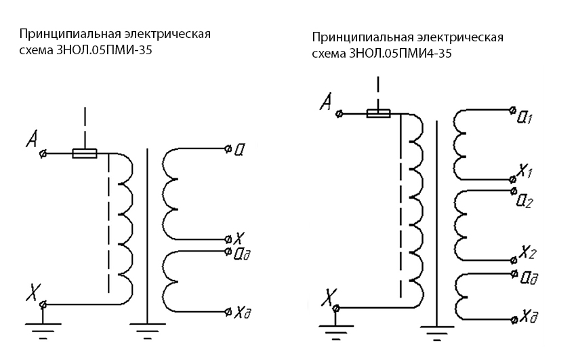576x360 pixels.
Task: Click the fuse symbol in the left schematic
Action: tap(85, 154)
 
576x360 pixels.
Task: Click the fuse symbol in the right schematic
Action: tap(378, 113)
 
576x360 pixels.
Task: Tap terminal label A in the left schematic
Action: tap(31, 141)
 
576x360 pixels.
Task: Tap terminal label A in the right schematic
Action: tap(326, 102)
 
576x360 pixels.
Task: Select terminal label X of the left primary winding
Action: tap(32, 292)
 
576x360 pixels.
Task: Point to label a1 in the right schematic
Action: tap(524, 117)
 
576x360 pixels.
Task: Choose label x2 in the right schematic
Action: tap(529, 253)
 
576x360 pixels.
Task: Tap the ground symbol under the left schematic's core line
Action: tap(146, 333)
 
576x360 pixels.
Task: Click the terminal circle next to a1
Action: tap(512, 108)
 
